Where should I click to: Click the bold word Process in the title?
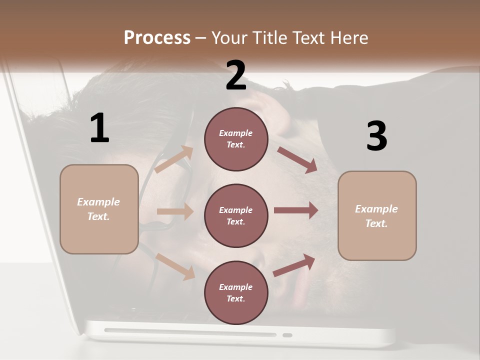(x=157, y=38)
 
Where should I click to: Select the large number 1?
(x=99, y=128)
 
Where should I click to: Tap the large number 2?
(x=236, y=75)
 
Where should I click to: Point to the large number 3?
(x=376, y=136)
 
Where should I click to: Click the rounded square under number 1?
(x=99, y=209)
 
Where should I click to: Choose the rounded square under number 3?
(x=377, y=215)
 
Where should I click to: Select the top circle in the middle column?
(x=236, y=139)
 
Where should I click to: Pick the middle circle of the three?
(x=236, y=215)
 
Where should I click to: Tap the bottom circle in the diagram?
(x=236, y=292)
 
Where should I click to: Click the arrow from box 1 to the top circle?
(x=174, y=160)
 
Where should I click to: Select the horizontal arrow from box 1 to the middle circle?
(x=175, y=211)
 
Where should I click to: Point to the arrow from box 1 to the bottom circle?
(x=175, y=266)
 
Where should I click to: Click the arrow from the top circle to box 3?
(x=297, y=160)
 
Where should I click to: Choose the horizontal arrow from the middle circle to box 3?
(x=296, y=210)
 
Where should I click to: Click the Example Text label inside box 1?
(x=98, y=209)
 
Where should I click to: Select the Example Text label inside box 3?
(x=376, y=216)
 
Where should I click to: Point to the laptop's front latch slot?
(x=287, y=334)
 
